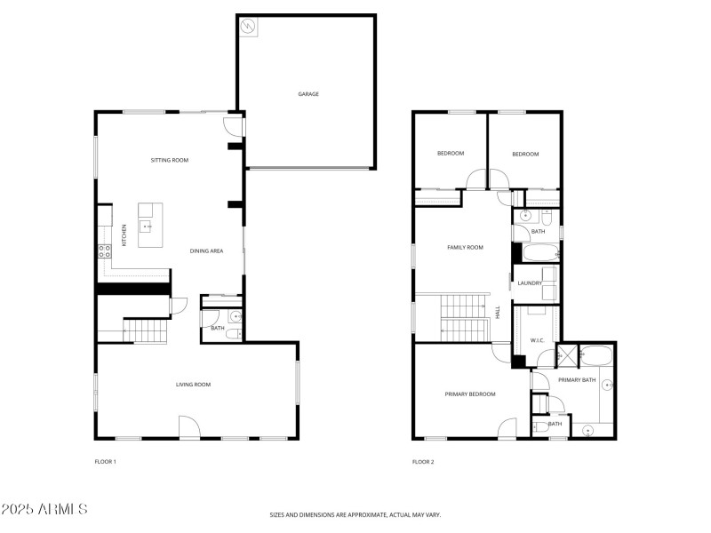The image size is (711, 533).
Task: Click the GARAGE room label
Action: coord(308,94)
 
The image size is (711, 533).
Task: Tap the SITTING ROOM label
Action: coord(169,161)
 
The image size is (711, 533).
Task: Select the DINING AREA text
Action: coord(206,251)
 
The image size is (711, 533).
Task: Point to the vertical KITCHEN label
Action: coord(124,235)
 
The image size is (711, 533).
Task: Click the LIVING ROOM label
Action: coord(193,385)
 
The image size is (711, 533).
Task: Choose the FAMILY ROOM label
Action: coord(465,247)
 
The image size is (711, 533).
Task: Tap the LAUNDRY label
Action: coord(531,283)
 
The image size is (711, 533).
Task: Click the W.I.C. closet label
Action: coord(537,340)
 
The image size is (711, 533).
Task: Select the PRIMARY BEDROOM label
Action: coord(470,394)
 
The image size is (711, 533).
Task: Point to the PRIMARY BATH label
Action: coord(578,380)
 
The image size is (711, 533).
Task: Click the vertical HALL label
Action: coord(498,313)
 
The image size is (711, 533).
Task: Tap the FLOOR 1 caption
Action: coord(106,462)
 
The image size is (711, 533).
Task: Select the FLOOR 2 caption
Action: coord(423,462)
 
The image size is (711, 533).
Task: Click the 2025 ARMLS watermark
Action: coord(44,510)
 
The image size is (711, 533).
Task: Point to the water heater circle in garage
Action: coord(249,28)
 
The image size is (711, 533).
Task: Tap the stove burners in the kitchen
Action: coord(104,251)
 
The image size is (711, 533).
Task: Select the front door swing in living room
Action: coord(189,427)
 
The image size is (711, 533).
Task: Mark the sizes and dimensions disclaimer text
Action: coord(355,514)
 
